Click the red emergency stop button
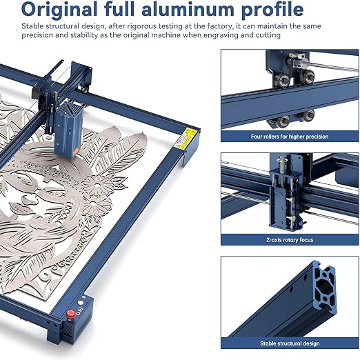click(70, 314)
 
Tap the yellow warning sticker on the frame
click(185, 138)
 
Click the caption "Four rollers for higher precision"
click(290, 137)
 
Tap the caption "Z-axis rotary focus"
click(290, 240)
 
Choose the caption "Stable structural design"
click(290, 343)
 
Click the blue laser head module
click(68, 130)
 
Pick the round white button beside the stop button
click(81, 303)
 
